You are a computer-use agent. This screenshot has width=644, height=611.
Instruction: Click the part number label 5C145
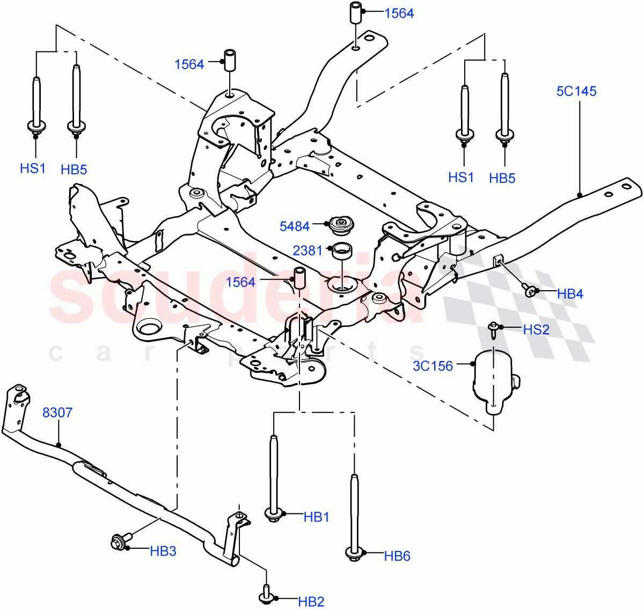click(x=576, y=91)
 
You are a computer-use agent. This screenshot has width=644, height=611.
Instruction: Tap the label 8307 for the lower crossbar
click(x=57, y=413)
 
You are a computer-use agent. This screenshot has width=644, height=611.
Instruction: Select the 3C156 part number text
click(x=433, y=366)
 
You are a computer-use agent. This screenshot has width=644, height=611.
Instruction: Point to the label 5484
click(x=295, y=226)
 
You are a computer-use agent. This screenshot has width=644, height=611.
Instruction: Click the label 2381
click(x=308, y=250)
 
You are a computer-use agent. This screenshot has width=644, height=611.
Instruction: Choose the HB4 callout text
click(x=570, y=293)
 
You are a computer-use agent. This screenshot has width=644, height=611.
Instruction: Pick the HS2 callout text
click(x=536, y=329)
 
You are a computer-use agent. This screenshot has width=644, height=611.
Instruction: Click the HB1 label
click(x=316, y=517)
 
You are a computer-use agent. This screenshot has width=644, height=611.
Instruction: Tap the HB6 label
click(x=397, y=556)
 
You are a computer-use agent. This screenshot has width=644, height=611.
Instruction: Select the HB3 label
click(x=163, y=551)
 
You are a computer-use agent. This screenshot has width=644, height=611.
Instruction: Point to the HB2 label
click(x=311, y=602)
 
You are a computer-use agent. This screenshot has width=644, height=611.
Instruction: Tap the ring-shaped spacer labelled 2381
click(x=341, y=251)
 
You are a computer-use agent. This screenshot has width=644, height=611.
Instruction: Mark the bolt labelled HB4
click(x=530, y=291)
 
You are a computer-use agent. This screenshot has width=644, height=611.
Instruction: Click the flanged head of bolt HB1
click(x=274, y=514)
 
